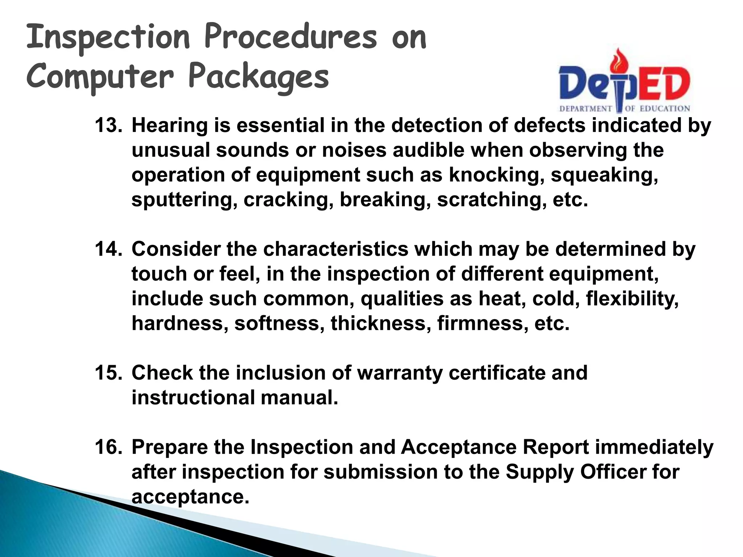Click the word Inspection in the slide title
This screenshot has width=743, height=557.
(x=108, y=38)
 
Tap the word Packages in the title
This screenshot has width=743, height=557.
(x=259, y=77)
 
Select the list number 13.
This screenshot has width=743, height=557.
(x=108, y=125)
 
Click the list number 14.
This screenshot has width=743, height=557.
(x=108, y=249)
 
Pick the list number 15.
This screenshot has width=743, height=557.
(x=108, y=373)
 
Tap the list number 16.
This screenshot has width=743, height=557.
(x=108, y=447)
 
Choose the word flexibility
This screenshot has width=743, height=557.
(x=632, y=299)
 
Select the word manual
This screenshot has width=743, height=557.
(x=299, y=398)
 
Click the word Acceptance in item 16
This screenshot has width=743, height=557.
(x=458, y=447)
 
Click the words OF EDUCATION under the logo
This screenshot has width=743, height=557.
(x=657, y=108)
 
